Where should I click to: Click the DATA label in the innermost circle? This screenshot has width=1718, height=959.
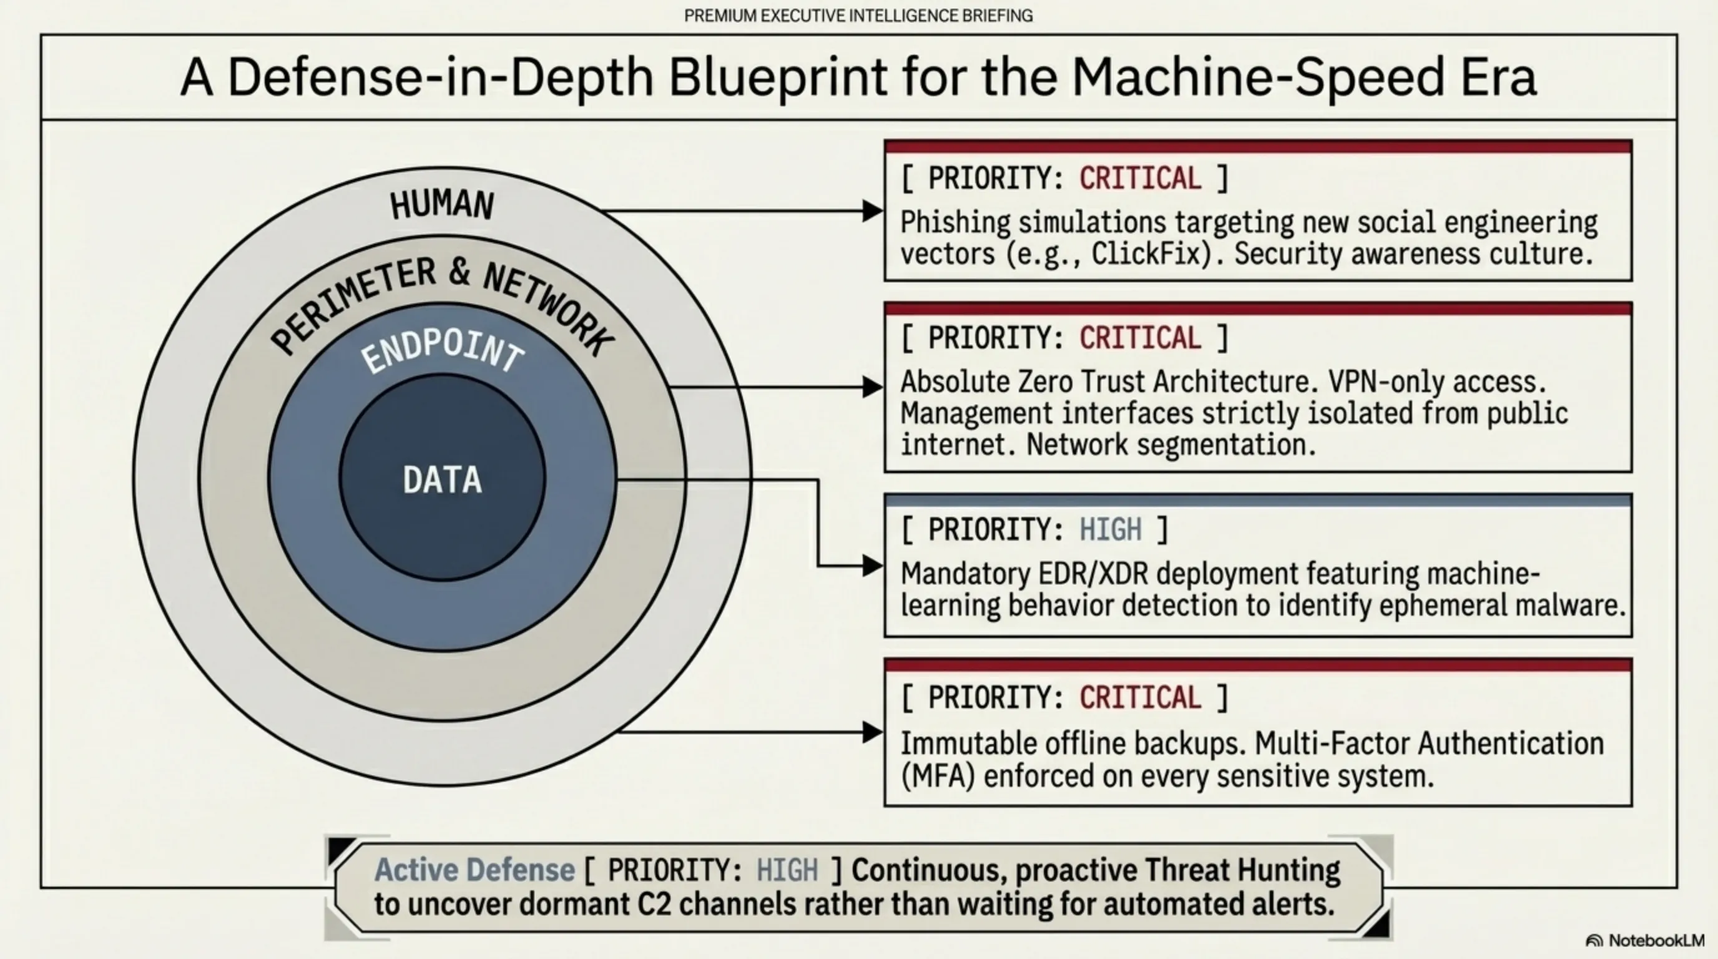point(442,479)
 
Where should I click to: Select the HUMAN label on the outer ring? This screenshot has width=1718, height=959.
point(442,204)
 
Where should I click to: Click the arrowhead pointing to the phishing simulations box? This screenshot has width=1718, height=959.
point(872,212)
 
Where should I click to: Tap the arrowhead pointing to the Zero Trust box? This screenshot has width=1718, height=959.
point(872,387)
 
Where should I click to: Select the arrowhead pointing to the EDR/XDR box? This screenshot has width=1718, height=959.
point(872,566)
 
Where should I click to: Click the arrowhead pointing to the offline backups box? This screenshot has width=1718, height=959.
point(872,732)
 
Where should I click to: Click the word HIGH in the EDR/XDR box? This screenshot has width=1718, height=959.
point(1111,530)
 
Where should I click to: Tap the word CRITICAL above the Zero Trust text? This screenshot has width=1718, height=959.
point(1141,338)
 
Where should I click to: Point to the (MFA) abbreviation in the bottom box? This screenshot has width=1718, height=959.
point(938,776)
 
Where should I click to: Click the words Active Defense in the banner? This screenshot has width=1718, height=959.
point(474,870)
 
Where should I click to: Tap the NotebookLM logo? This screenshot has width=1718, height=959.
point(1646,940)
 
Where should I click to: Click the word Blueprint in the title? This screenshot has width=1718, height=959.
point(778,77)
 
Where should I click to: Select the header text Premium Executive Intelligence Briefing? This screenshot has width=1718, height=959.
point(858,16)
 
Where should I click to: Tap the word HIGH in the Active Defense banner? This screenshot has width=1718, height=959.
point(787,870)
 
